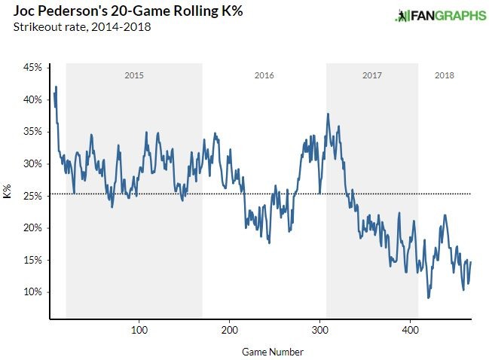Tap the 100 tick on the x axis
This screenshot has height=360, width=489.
(x=139, y=330)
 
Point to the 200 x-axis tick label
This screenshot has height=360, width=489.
(x=229, y=330)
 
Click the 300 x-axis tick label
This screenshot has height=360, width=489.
(x=319, y=330)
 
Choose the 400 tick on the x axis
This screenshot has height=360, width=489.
(x=411, y=330)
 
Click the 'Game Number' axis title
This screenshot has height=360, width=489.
(x=274, y=352)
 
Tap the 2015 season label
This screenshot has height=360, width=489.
(x=134, y=76)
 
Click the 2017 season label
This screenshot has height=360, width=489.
(x=371, y=76)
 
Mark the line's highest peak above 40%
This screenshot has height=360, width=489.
(x=56, y=87)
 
